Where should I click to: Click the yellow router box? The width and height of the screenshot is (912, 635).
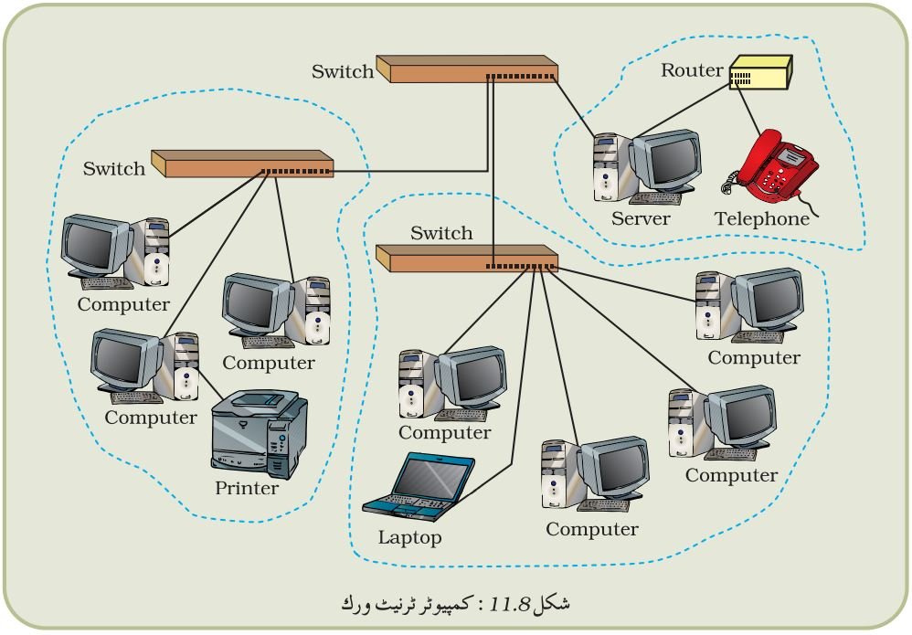coord(761,72)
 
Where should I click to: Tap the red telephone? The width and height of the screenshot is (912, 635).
coord(770,168)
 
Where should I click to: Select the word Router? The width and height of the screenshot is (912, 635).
coord(692,69)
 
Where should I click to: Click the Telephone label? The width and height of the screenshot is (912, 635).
coord(762,218)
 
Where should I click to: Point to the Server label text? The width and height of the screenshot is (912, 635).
coord(641,218)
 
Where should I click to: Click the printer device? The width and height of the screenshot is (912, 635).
coord(259,434)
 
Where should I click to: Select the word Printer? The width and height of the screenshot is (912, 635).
coord(247,488)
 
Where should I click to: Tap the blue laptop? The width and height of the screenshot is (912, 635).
coord(419,486)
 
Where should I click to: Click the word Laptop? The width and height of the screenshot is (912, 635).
coord(409,537)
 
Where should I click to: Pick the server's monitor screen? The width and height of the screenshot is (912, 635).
coord(673,159)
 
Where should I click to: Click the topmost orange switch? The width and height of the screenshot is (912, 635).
coord(467,69)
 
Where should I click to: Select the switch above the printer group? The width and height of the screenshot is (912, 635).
coord(242,164)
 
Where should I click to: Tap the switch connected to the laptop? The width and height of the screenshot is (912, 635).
coord(467,259)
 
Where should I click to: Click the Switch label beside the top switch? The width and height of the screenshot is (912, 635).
coord(342,71)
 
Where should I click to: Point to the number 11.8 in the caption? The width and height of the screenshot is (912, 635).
coord(510,605)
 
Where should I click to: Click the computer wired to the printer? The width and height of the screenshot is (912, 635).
coord(144,366)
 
